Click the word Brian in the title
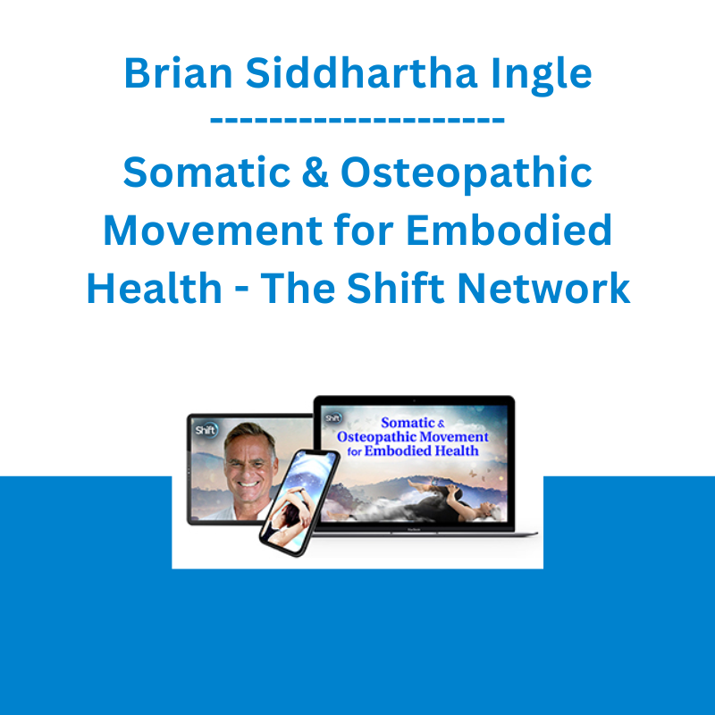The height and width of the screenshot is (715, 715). (178, 73)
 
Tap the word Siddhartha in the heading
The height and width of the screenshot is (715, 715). (361, 73)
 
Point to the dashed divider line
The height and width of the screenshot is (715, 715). (357, 121)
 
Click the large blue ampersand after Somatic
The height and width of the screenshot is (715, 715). (315, 172)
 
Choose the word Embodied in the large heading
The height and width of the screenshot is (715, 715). (509, 230)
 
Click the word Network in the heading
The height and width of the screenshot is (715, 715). (543, 288)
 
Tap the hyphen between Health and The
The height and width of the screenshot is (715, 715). (241, 290)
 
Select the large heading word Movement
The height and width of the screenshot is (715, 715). (211, 231)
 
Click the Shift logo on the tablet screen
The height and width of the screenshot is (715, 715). (206, 430)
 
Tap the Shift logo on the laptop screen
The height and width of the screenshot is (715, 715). (332, 417)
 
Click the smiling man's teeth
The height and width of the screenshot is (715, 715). (248, 484)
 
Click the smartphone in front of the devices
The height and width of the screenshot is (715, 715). (299, 502)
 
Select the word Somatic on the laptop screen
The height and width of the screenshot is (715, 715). (408, 423)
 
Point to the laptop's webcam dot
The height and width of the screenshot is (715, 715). (414, 400)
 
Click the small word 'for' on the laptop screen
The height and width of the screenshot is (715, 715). (354, 451)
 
